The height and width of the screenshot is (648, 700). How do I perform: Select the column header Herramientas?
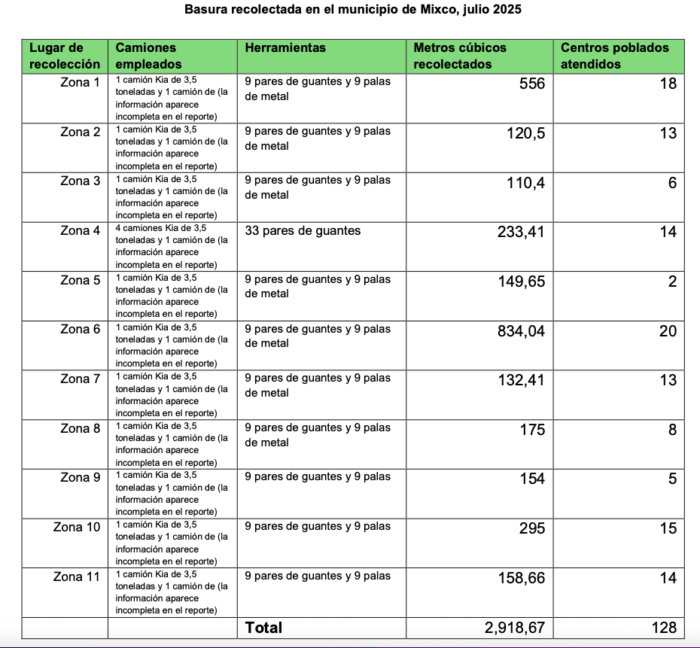(285, 48)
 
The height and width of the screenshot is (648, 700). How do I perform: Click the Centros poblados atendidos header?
(614, 56)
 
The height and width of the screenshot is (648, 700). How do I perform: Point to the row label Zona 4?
(80, 231)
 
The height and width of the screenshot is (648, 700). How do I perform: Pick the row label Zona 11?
(77, 577)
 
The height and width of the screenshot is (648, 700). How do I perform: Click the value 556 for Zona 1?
(531, 84)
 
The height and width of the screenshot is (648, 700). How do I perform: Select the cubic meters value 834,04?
(521, 331)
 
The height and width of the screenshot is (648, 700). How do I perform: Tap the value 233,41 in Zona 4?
(521, 232)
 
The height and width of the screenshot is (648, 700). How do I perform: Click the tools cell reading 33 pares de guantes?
(303, 231)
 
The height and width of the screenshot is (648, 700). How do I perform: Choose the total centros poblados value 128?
(663, 628)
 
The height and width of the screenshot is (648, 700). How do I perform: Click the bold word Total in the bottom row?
(263, 628)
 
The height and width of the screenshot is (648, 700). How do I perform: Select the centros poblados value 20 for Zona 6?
(668, 331)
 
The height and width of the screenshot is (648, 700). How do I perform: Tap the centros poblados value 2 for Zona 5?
(672, 281)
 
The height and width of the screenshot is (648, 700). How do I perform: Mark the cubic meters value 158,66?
(521, 578)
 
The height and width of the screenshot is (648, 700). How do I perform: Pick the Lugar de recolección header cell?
(65, 56)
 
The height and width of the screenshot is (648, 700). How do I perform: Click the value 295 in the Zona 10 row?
(531, 528)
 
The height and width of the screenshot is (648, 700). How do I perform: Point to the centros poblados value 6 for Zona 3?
(672, 183)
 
